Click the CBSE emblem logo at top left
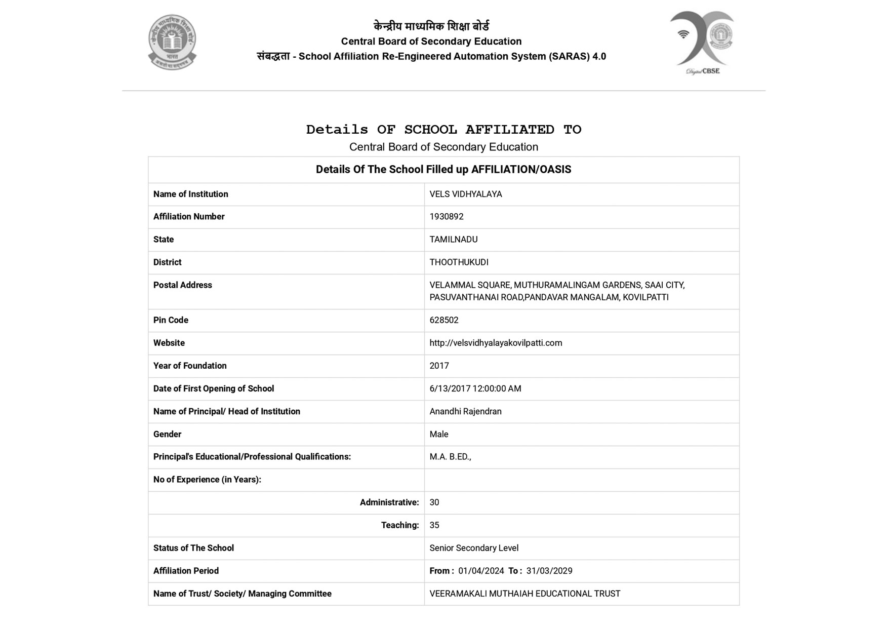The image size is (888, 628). point(172,42)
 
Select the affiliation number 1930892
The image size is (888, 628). point(446,217)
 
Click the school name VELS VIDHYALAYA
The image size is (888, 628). point(465,194)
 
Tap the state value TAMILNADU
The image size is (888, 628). point(453,240)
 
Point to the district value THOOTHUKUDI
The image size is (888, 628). point(459,262)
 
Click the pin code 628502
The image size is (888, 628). point(443,320)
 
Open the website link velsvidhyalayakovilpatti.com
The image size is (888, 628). point(495,343)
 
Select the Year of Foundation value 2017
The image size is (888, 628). point(439,366)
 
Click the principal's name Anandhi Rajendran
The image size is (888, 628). point(465,411)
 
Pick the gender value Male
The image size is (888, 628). point(438,434)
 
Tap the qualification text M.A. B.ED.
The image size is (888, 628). point(450,457)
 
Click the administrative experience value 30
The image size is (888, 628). point(434,502)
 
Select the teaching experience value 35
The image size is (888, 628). point(434,525)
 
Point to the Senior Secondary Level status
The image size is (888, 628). point(473,548)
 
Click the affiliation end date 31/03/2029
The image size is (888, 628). point(549,571)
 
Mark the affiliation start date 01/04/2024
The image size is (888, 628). point(481,571)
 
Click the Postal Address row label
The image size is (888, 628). point(182,285)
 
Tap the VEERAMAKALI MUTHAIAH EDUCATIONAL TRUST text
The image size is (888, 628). point(524,594)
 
